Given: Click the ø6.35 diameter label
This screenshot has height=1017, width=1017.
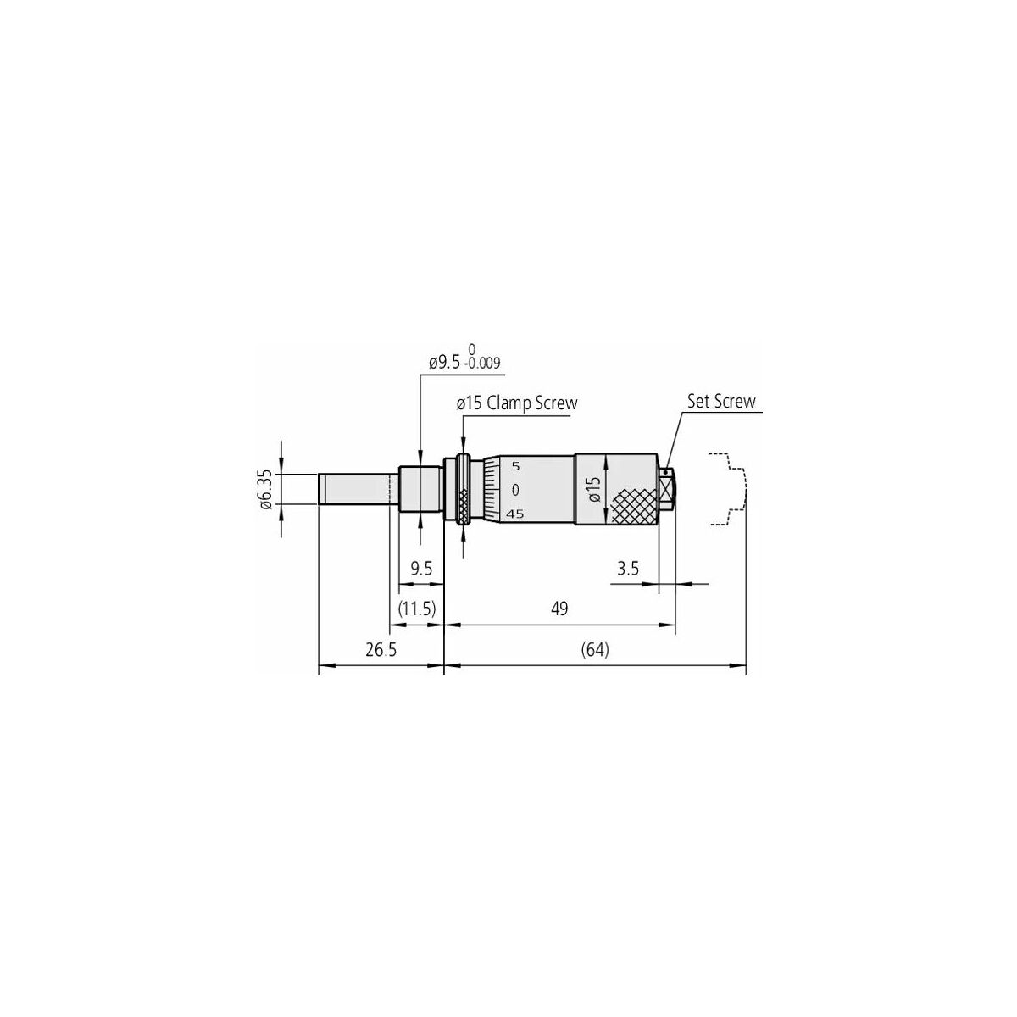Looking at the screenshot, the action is [266, 489].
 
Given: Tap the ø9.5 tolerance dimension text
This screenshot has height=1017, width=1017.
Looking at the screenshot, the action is [464, 358].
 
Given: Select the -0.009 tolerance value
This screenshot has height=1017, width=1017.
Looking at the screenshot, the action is [481, 364].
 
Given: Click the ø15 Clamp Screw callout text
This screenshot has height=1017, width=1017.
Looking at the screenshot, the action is [517, 403].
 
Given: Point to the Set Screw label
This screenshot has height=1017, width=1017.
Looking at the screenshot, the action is [721, 402].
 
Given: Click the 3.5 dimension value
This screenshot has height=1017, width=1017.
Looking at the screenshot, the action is [628, 569].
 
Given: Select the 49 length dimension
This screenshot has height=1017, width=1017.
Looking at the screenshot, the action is [559, 609].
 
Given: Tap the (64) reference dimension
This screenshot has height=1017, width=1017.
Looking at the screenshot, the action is [595, 650].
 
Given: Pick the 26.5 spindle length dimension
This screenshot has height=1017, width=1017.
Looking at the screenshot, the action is [381, 650].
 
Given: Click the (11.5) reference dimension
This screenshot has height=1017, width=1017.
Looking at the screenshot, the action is [417, 609].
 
